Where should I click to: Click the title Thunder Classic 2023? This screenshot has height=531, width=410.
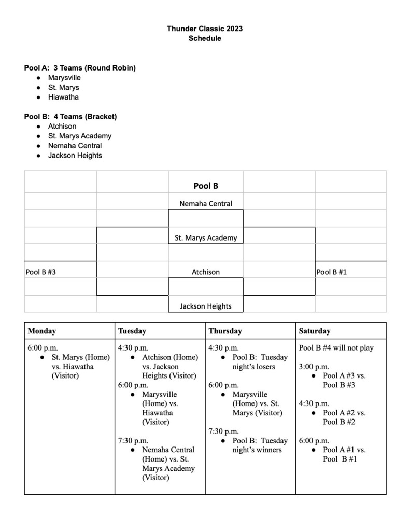click(x=205, y=29)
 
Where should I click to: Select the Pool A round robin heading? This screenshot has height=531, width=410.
click(x=80, y=68)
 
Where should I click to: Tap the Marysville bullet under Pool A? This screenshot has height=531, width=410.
click(x=64, y=78)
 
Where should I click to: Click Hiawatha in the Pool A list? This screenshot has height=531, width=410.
click(x=63, y=97)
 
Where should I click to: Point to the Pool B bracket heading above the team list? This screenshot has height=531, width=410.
click(x=70, y=117)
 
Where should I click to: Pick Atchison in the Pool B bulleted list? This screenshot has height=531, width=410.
click(x=62, y=126)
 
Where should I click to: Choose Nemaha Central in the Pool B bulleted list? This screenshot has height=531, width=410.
click(x=75, y=146)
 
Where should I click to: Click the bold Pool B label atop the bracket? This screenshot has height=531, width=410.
click(x=206, y=186)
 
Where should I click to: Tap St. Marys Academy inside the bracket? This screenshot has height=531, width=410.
click(x=206, y=238)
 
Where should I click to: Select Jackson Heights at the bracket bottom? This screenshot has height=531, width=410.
click(x=206, y=306)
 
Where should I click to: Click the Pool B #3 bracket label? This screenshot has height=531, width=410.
click(x=41, y=272)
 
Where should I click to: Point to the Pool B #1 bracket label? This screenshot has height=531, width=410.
click(x=332, y=272)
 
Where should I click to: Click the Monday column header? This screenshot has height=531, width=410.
click(x=42, y=331)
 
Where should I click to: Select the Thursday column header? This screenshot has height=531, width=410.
click(x=225, y=331)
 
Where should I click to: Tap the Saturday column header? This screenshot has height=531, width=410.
click(x=315, y=331)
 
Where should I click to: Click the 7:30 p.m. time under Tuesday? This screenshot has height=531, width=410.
click(x=133, y=440)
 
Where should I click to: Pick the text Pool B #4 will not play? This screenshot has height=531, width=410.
click(x=336, y=348)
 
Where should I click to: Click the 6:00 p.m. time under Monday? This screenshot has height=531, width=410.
click(x=43, y=348)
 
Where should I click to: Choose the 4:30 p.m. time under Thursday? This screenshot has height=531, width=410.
click(x=223, y=348)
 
